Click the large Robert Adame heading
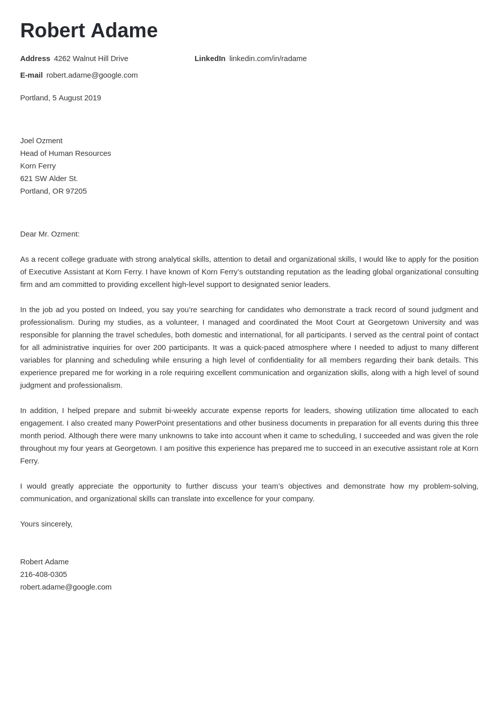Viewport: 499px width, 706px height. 89,31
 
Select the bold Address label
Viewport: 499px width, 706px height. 35,58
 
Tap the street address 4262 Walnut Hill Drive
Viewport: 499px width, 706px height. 91,58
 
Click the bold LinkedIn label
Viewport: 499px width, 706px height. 210,58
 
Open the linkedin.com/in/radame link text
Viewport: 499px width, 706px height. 268,58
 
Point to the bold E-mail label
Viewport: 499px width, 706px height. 31,75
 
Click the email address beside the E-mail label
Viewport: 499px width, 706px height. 92,75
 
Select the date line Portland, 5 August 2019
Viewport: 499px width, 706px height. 60,98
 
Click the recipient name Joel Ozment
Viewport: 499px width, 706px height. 41,141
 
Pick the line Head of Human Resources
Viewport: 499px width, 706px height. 66,153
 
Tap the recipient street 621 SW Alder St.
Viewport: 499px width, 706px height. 49,179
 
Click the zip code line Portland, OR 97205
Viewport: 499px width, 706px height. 53,191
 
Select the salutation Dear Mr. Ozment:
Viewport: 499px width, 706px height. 50,234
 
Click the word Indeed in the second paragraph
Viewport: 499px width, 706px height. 131,310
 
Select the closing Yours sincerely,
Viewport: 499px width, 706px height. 46,524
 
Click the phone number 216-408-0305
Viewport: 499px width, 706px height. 43,574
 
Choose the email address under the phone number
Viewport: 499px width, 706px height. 66,587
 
